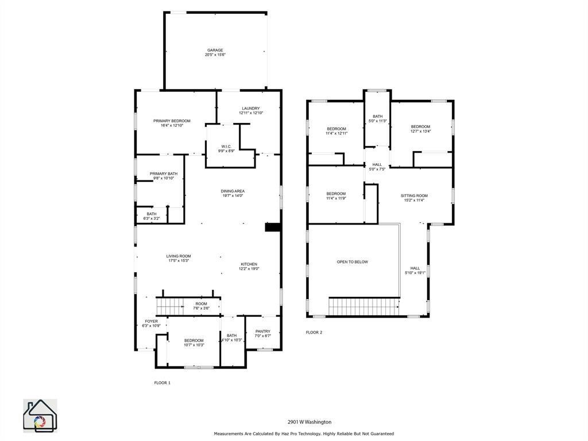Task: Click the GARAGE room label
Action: [215, 51]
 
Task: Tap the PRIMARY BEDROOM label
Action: [172, 121]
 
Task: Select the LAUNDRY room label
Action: [250, 109]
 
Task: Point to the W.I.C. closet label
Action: [226, 146]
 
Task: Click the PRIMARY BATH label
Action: [164, 174]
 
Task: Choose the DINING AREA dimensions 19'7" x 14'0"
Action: [233, 196]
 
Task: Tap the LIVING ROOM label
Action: [179, 256]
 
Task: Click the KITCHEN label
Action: [249, 264]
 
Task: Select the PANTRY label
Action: [262, 331]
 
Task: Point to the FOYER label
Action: [151, 322]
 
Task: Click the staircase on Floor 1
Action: [169, 307]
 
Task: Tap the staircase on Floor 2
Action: [363, 307]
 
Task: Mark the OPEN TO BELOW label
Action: [353, 262]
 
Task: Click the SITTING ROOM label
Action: [414, 196]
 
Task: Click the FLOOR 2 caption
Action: [314, 332]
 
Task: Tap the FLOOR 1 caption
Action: [163, 382]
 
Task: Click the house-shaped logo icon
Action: [40, 416]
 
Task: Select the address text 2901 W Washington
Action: [310, 422]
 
